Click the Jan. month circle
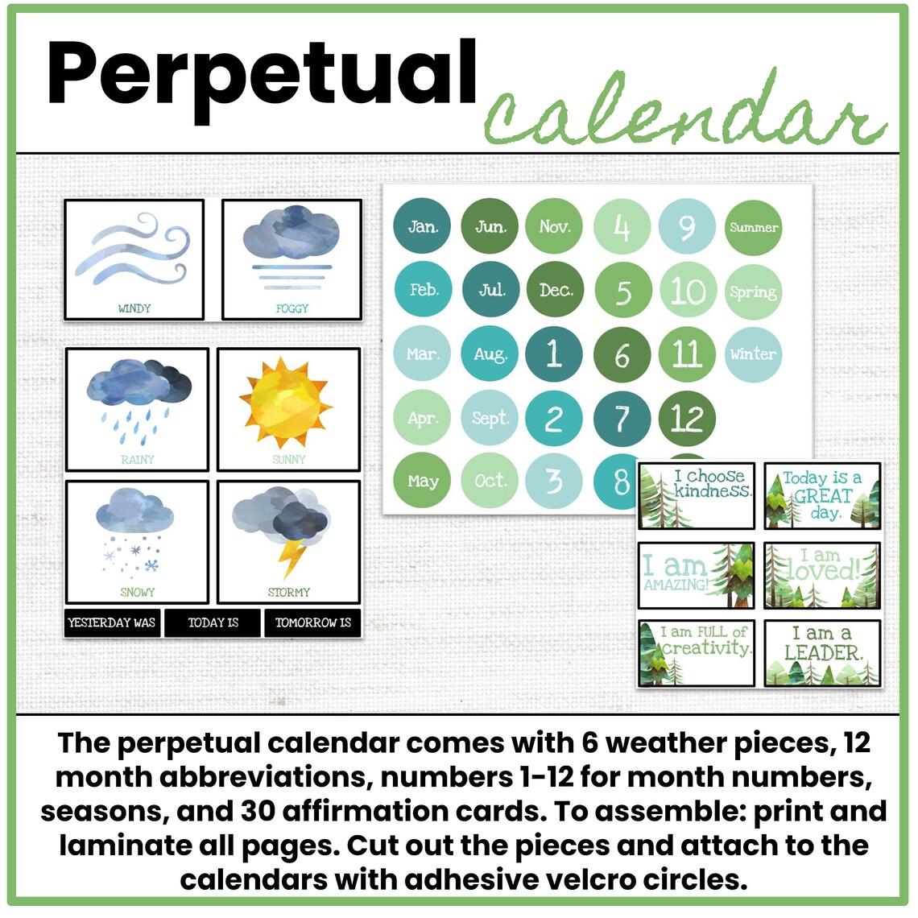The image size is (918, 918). coord(422,226)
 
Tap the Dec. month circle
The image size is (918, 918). coord(555,290)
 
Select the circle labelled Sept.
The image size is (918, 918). coord(490,418)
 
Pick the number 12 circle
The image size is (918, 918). coord(687,418)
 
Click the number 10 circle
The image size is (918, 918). coord(687,291)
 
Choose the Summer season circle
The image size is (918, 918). coord(753,227)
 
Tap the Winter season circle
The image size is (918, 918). coord(753,354)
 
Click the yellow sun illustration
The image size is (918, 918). coord(286,402)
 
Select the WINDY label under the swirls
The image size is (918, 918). coord(134,308)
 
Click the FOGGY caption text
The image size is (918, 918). coord(292,308)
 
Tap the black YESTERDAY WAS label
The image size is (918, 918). coord(112,622)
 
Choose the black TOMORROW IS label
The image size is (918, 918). coord(313,622)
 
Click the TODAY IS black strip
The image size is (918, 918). coord(213,622)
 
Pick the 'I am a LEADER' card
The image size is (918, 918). coord(822,653)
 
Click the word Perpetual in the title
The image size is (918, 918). coord(262,74)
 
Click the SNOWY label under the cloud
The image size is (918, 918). coord(137,592)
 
